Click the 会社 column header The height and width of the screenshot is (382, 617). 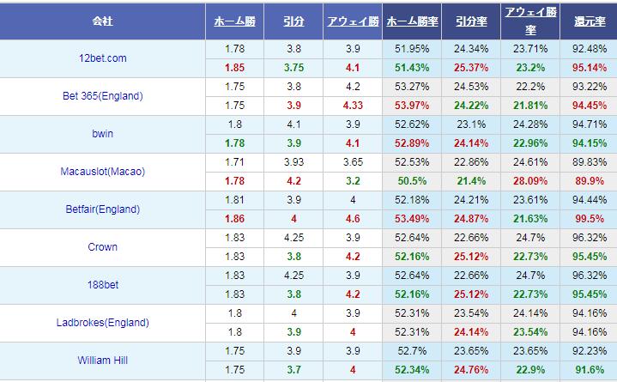tap(103, 21)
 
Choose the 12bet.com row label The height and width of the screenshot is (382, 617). tap(103, 58)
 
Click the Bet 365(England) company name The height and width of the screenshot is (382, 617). tap(103, 96)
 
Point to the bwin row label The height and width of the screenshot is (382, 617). tap(103, 134)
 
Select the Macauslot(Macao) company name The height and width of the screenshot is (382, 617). tap(103, 172)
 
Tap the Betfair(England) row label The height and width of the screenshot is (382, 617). tap(103, 209)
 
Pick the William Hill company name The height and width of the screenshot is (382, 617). tap(103, 361)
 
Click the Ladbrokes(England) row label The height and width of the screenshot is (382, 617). tap(103, 323)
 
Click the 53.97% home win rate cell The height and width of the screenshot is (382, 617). tap(409, 105)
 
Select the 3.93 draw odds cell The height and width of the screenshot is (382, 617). tap(293, 161)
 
